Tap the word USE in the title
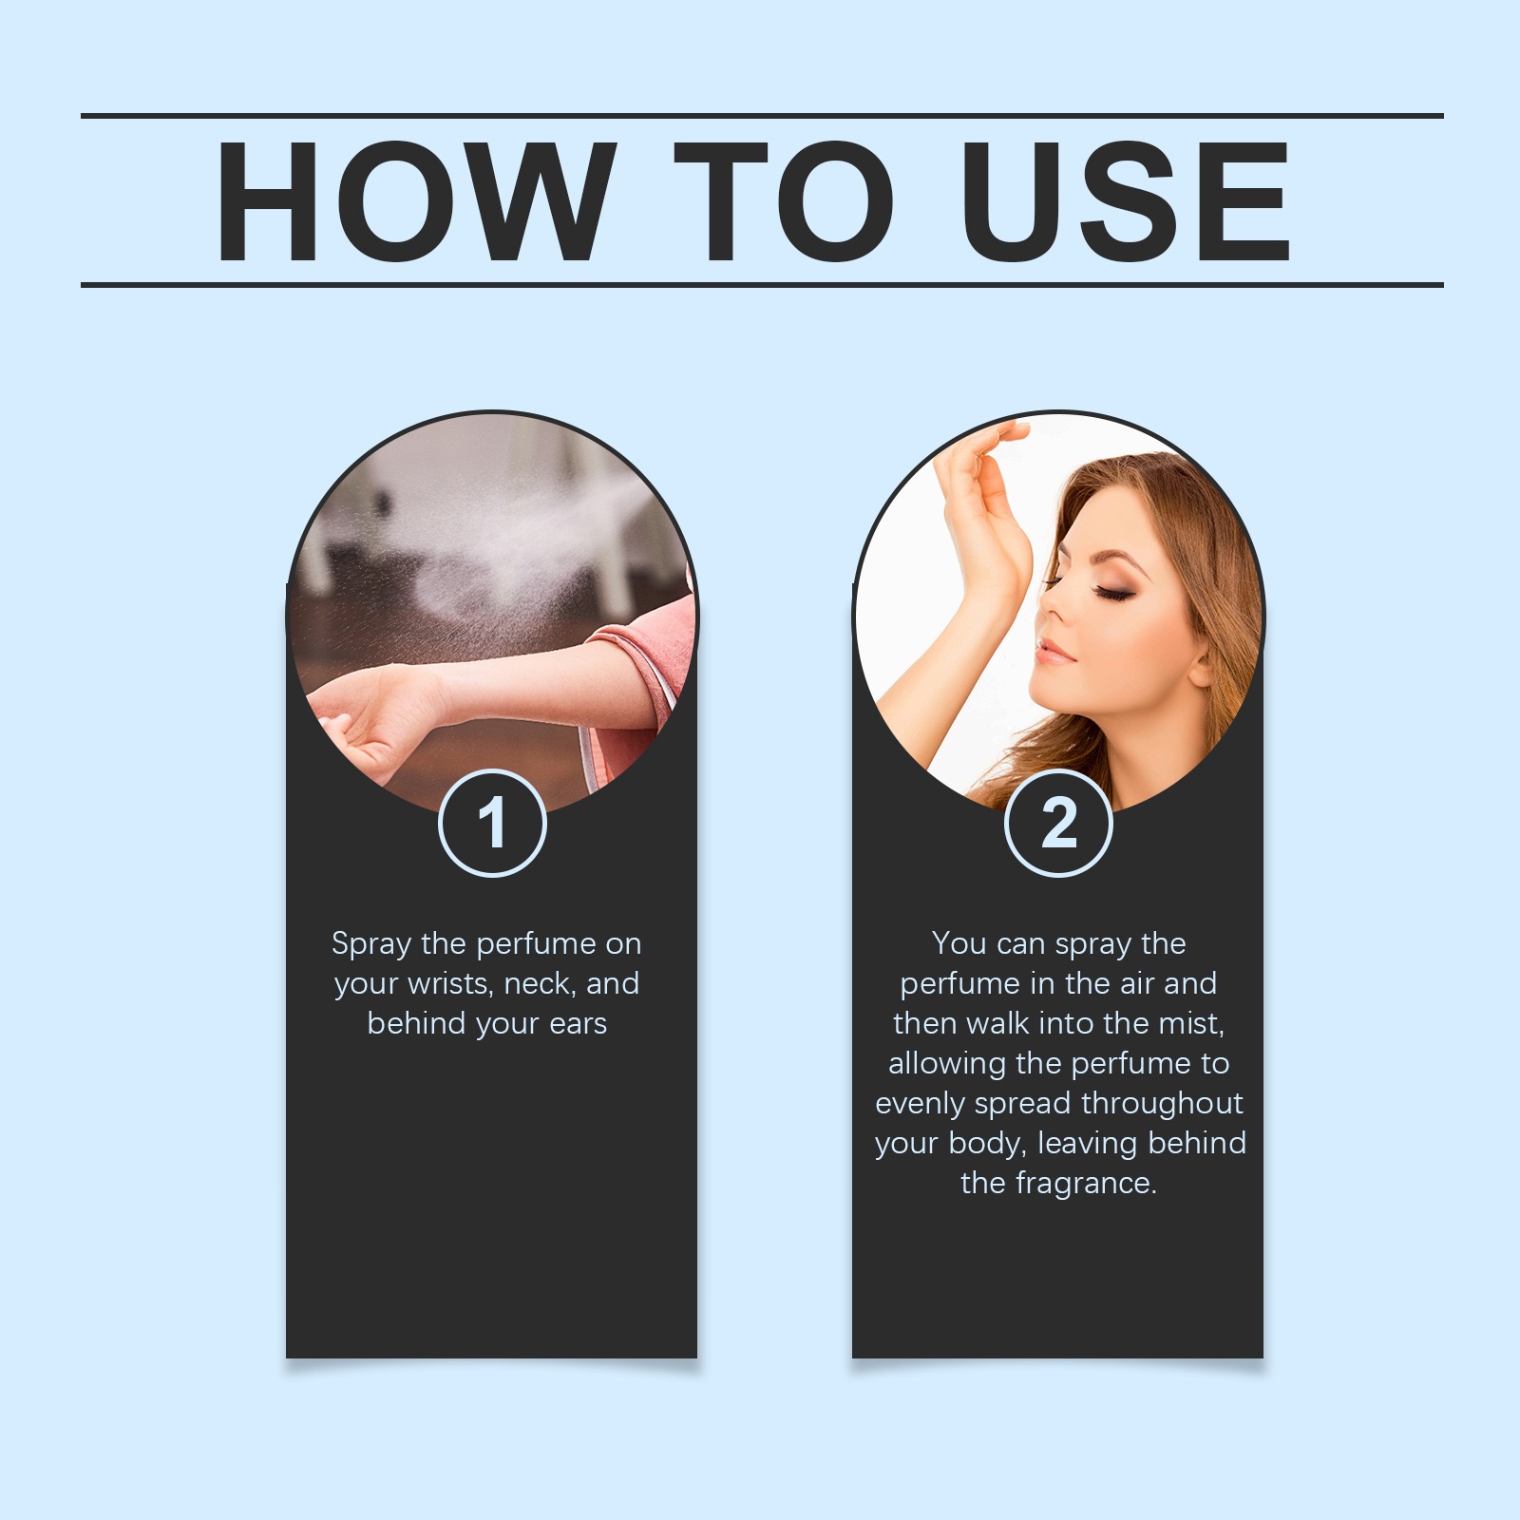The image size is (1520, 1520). [1126, 201]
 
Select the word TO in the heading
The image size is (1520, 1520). [784, 201]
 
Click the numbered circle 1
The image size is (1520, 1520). [492, 823]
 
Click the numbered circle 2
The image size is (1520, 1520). [1058, 823]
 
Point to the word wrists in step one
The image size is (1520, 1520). [447, 984]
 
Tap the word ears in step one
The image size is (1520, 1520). [578, 1024]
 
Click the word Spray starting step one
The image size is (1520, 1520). [371, 944]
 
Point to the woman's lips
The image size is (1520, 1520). [1054, 653]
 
